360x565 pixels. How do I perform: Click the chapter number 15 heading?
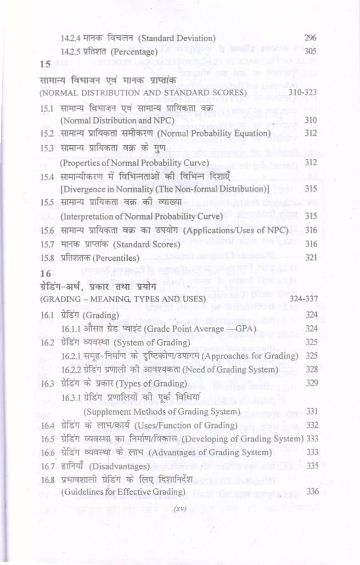(45, 64)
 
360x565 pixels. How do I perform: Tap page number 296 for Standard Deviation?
(310, 38)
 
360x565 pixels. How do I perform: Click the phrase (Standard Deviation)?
(177, 38)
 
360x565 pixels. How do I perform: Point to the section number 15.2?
(48, 133)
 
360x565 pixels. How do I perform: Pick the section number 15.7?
(48, 244)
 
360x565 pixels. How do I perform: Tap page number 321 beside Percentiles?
(311, 258)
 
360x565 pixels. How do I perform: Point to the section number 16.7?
(48, 466)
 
